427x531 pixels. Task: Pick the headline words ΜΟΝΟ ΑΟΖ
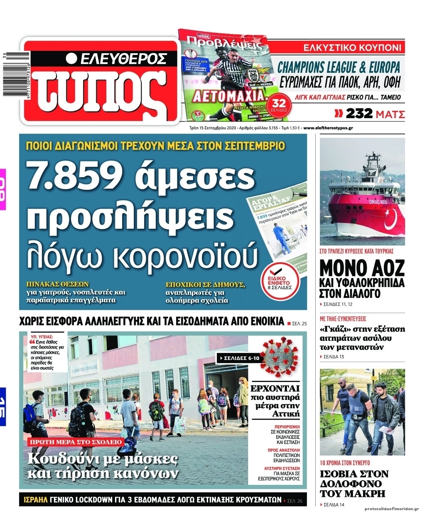click(x=362, y=268)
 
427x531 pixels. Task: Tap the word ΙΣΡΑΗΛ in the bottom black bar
click(x=35, y=500)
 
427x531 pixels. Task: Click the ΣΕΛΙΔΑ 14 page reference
click(x=333, y=505)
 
